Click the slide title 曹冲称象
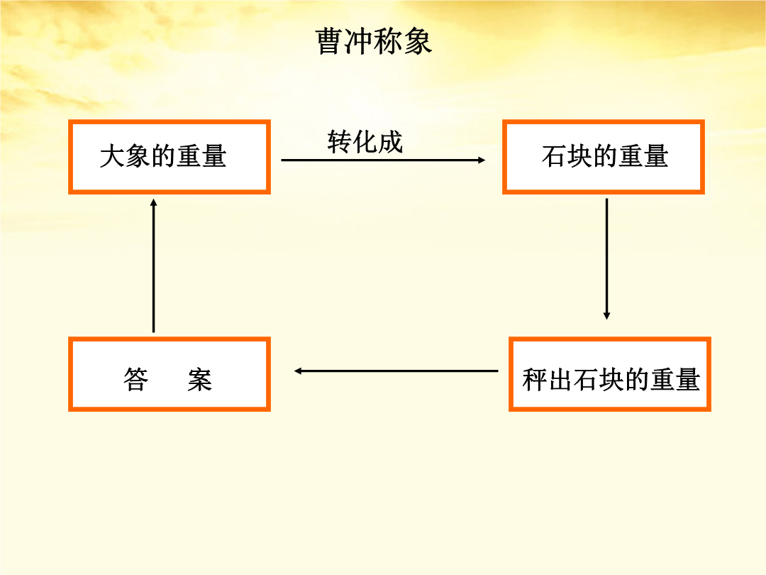coord(374,41)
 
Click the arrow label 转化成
coord(365,142)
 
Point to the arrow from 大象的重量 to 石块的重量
coord(383,160)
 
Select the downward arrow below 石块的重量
coord(606,258)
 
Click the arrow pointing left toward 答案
coord(396,371)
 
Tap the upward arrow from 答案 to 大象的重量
coord(153,265)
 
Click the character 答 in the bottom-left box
coord(135,379)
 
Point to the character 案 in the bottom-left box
coord(199,379)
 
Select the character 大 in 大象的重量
coord(112,156)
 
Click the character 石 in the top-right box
coord(554,156)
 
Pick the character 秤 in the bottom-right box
coord(535,379)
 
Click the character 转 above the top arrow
coord(340,142)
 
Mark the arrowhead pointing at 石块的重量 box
coord(482,160)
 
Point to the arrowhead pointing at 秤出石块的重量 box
coord(606,317)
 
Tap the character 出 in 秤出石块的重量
coord(560,379)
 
